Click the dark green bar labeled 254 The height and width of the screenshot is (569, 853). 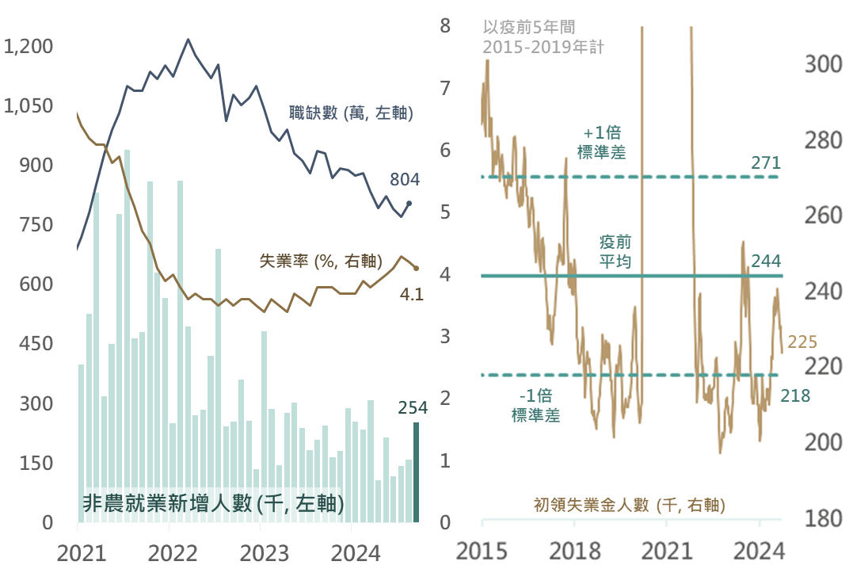416,472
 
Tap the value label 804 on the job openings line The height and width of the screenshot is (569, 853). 405,180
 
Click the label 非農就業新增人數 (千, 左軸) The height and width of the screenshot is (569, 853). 213,504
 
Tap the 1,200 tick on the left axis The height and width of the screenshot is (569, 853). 29,47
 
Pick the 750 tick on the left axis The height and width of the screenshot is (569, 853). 36,225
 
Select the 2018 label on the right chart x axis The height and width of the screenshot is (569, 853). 574,549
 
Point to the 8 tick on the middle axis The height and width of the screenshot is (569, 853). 445,26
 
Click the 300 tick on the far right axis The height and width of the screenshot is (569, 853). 826,65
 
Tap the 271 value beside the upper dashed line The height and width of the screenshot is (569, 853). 766,163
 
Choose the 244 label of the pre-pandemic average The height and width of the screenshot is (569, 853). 767,261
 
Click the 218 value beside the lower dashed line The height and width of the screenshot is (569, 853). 795,395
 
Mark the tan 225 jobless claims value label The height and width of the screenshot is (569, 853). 802,342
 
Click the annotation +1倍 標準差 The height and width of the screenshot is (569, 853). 601,143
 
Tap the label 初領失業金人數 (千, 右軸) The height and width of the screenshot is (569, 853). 630,504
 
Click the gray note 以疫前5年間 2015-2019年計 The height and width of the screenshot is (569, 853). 543,37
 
